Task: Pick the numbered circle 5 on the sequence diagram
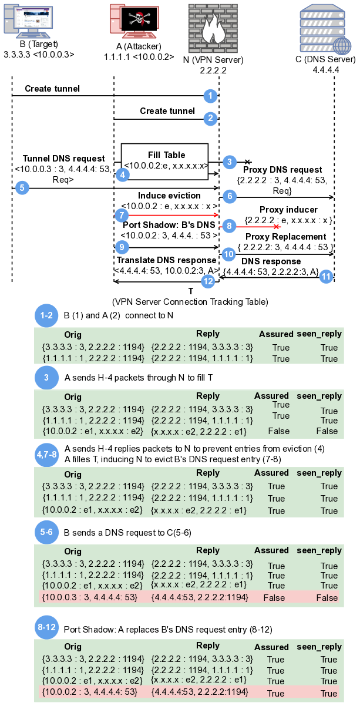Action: pos(22,188)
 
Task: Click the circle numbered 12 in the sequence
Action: pos(208,281)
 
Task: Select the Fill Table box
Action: pos(165,159)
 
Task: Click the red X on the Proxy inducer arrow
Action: pos(277,226)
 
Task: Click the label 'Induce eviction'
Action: pos(169,196)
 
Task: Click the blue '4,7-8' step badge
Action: pos(46,453)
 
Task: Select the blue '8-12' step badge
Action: pos(46,628)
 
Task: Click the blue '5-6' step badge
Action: pos(46,532)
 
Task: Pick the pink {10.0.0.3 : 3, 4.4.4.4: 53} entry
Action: pos(90,597)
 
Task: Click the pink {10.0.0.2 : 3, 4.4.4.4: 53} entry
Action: pos(90,692)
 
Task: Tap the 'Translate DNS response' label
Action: pos(166,260)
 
